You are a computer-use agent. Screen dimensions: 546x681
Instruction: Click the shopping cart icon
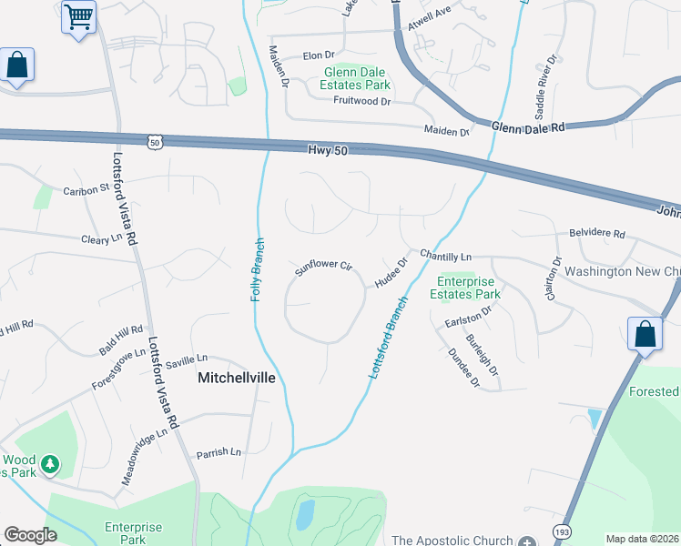[78, 17]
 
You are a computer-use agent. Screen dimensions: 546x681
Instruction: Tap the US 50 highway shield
[154, 141]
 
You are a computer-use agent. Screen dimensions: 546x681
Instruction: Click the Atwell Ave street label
[430, 13]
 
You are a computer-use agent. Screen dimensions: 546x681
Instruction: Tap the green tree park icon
[51, 465]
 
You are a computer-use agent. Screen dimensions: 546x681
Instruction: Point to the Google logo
[30, 535]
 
